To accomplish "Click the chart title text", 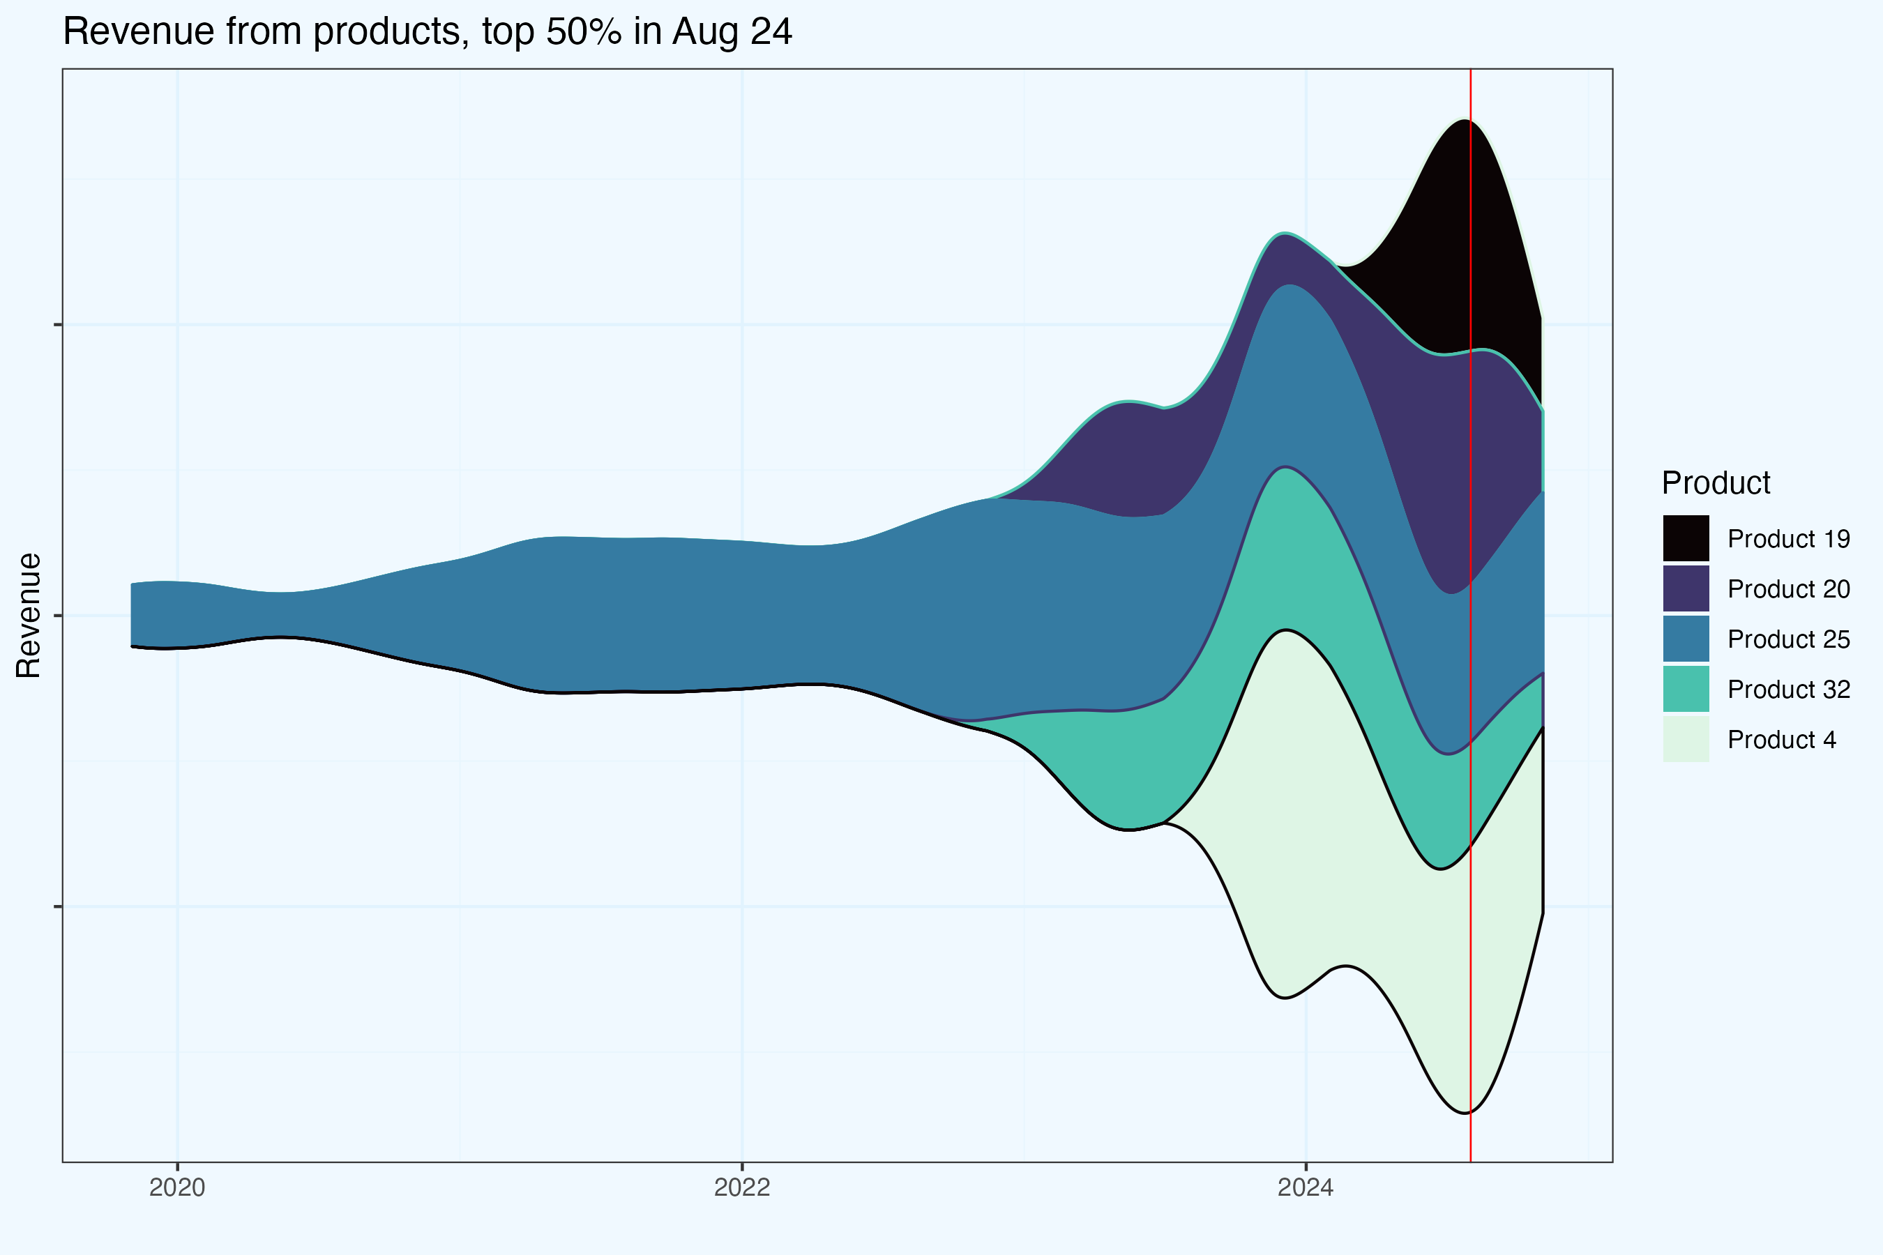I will coord(427,32).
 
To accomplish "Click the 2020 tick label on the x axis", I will coord(177,1187).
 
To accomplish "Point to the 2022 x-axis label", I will coord(741,1187).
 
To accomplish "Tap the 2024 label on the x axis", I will coord(1305,1187).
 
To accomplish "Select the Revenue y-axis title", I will coord(29,615).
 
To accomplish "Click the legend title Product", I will coord(1716,483).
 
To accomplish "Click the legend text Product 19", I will coord(1789,539).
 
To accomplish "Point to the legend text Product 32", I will coord(1789,689).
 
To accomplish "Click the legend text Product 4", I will coord(1781,740).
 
